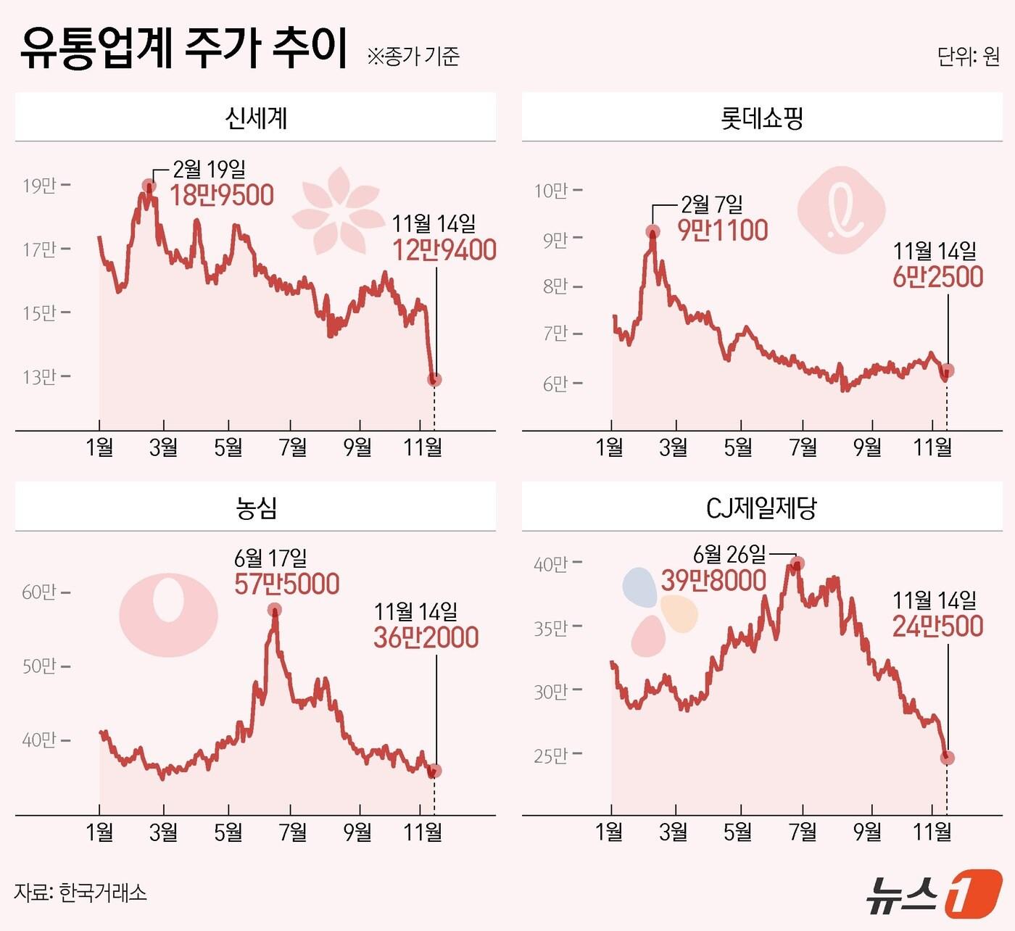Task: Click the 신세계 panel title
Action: point(256,117)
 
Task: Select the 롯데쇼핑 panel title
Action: point(762,117)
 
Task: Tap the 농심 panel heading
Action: point(256,507)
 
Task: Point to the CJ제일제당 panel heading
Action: point(761,507)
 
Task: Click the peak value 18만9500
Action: point(222,195)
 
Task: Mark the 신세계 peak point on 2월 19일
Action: point(149,186)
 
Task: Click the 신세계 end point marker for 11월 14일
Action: point(434,379)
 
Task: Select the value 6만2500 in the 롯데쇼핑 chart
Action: point(937,276)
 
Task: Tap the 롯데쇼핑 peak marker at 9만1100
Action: point(652,232)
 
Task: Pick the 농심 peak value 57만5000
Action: point(286,584)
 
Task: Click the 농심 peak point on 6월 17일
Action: point(274,610)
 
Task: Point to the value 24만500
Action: point(937,626)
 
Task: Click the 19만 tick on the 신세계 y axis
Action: point(39,186)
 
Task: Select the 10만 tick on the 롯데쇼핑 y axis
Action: point(551,191)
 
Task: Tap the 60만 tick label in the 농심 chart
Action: point(39,592)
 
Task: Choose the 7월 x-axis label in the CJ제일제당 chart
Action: point(803,832)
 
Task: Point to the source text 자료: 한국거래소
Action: point(80,892)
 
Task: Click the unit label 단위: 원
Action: point(968,57)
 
